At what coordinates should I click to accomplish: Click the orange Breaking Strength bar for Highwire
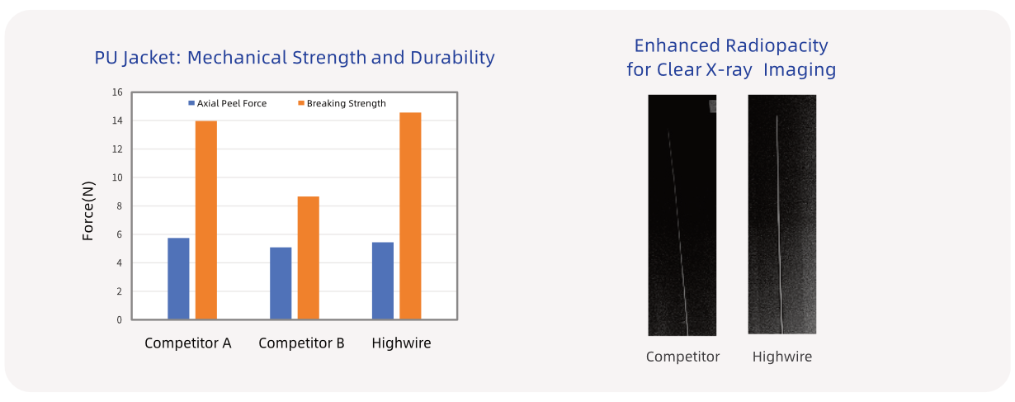(410, 215)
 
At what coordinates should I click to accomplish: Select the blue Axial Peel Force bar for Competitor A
(178, 279)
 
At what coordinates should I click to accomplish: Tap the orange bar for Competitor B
(308, 258)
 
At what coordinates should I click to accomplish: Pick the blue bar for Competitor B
(281, 283)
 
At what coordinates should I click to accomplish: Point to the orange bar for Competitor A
(206, 220)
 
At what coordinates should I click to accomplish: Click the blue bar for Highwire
(383, 281)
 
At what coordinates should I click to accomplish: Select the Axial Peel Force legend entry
(228, 103)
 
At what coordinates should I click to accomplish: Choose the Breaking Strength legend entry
(342, 103)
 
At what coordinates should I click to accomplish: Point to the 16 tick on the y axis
(117, 92)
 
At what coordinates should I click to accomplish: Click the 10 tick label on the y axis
(117, 177)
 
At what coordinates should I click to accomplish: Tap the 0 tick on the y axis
(119, 320)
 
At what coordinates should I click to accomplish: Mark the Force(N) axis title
(88, 210)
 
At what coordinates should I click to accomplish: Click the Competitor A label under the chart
(188, 343)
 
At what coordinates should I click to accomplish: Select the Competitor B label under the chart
(301, 343)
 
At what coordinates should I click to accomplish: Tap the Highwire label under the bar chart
(402, 343)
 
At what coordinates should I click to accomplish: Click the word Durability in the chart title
(452, 58)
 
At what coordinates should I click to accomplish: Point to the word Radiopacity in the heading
(777, 45)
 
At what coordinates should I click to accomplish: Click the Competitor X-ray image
(682, 215)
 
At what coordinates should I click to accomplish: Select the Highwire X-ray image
(782, 215)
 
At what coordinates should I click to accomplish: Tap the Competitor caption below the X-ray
(683, 357)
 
